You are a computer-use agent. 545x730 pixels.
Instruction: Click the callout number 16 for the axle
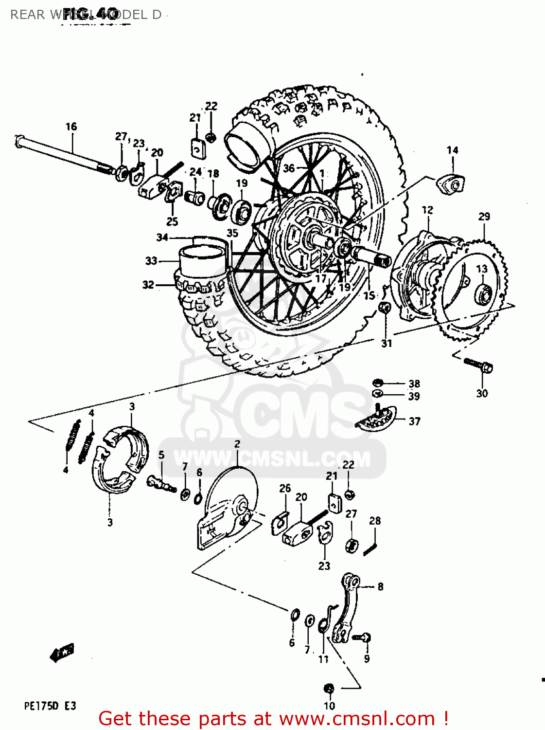coord(71,127)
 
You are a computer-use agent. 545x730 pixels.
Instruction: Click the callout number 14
coord(452,150)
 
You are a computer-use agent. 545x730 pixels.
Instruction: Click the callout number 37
coord(414,421)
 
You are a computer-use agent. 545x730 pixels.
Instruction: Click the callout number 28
coord(375,521)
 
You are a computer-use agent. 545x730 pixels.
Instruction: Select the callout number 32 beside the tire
coord(148,285)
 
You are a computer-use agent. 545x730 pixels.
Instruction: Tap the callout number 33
coord(151,261)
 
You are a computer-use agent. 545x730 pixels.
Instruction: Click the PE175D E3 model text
coord(50,706)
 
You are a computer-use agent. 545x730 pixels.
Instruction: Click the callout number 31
coord(387,344)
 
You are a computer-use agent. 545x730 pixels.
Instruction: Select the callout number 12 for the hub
coord(427,210)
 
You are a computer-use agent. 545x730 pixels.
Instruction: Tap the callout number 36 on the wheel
coord(289,168)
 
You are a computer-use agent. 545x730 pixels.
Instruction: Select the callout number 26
coord(285,488)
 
